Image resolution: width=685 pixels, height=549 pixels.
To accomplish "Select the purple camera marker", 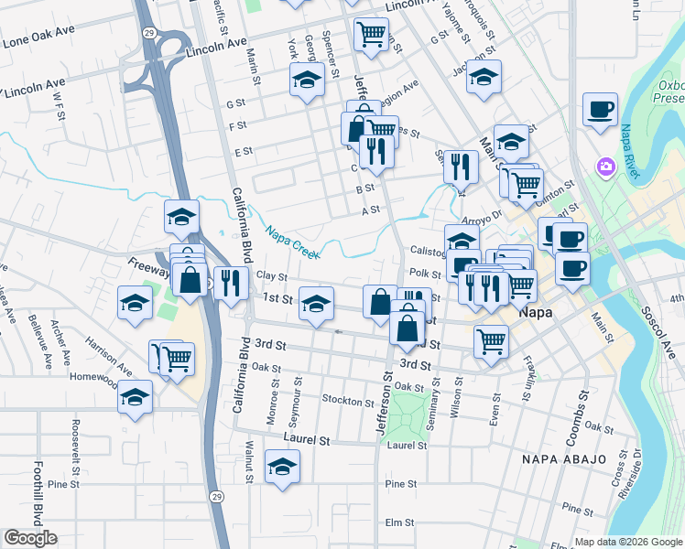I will click(x=604, y=167).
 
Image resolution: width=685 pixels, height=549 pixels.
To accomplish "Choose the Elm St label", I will click(x=400, y=522).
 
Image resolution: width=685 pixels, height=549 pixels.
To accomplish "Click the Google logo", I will click(x=30, y=538).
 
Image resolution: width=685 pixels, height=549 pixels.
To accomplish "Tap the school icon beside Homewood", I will click(x=135, y=397).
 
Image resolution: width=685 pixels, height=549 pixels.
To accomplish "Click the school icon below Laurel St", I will click(x=282, y=467).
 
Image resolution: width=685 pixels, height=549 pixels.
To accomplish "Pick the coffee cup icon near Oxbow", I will click(x=600, y=109).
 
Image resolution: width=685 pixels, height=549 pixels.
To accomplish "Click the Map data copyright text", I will click(x=626, y=541).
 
